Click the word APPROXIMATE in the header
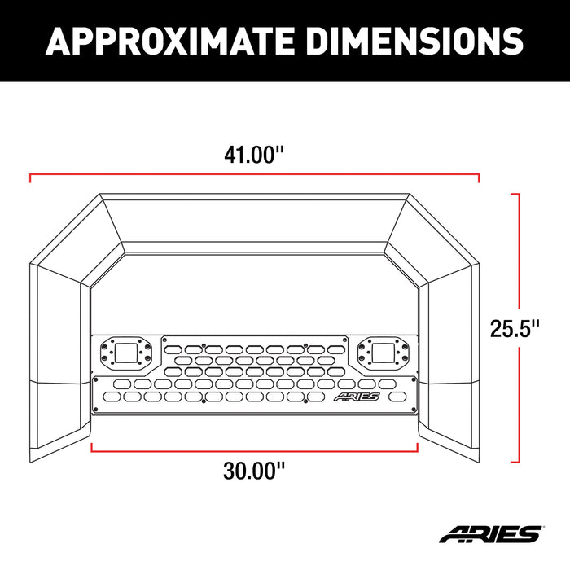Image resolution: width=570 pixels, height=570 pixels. [172, 40]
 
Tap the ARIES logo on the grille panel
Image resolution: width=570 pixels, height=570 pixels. [357, 397]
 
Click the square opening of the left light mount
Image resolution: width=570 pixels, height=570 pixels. [126, 353]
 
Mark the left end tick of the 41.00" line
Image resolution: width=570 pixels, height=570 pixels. [30, 175]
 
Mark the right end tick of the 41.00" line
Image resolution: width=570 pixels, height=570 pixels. [479, 175]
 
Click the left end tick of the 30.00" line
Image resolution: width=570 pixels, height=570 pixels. [92, 447]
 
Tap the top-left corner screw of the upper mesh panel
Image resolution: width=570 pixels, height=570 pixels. [167, 341]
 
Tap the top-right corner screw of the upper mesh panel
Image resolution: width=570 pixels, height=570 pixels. [341, 341]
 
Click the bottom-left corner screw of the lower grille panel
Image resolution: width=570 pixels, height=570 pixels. [97, 410]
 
